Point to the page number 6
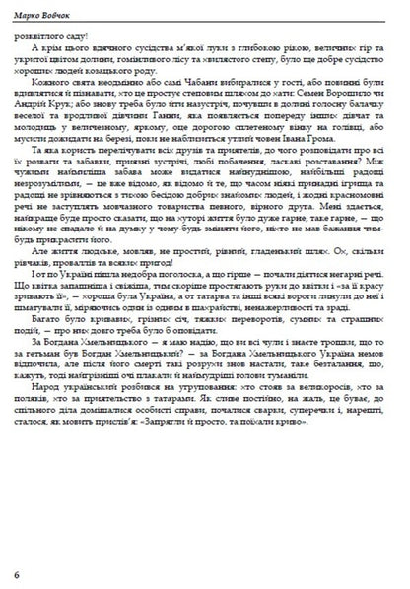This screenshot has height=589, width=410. [x=15, y=572]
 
